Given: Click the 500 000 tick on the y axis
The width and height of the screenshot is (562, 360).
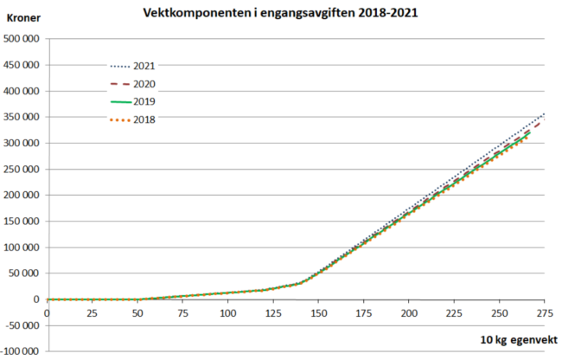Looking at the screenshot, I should [23, 39].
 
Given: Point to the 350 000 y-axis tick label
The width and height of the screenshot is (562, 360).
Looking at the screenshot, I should [23, 117].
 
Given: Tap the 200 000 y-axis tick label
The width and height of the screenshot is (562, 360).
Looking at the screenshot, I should [23, 195].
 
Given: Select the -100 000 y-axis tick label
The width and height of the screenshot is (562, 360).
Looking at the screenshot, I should [22, 351].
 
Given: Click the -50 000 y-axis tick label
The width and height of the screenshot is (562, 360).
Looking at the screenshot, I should [23, 325].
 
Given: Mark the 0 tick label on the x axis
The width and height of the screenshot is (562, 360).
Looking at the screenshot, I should [47, 312].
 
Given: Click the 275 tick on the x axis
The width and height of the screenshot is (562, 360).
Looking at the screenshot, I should [545, 312].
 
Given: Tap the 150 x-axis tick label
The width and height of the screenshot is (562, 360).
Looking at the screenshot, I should [318, 312].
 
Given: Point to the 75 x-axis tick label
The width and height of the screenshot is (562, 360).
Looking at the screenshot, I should [182, 312].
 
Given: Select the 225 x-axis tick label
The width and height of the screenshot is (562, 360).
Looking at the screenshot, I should [454, 312].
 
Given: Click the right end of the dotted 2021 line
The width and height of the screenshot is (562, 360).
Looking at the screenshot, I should [544, 113].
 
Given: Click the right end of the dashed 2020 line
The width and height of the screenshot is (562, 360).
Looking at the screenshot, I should [543, 122].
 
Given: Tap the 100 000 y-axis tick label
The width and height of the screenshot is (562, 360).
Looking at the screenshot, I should [23, 247].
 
